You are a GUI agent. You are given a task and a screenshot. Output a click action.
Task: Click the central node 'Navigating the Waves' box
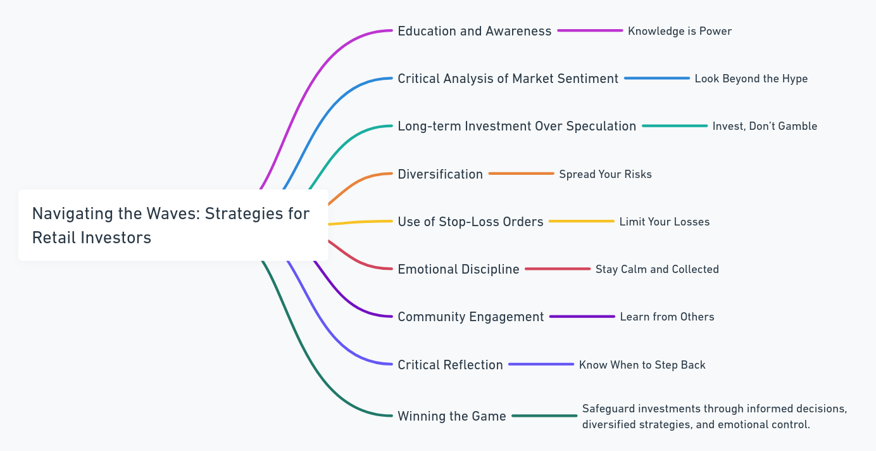pos(173,225)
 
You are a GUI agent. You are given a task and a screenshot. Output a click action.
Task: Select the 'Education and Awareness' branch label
pos(474,31)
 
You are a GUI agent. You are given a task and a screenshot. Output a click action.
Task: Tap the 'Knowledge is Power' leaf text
pos(679,31)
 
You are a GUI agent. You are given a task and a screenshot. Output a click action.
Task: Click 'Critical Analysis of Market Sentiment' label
pos(508,79)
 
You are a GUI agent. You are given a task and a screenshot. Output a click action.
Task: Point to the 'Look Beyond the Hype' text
pos(751,79)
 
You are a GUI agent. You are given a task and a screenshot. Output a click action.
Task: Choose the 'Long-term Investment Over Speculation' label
pos(516,126)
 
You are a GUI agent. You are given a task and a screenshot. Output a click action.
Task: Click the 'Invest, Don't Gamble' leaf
pos(765,126)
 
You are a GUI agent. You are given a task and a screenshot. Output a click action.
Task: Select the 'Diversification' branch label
pos(440,174)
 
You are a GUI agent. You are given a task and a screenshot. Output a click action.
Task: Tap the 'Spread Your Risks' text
pos(605,174)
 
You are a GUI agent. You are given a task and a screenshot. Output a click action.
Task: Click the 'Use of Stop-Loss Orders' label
pos(470,222)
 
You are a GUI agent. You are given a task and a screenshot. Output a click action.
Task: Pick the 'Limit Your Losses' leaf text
pos(664,222)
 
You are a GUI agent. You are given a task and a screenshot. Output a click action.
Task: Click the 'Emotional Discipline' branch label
pos(458,269)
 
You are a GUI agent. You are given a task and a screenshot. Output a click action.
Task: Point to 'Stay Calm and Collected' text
pos(657,269)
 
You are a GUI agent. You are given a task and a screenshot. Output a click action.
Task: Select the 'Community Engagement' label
pos(470,317)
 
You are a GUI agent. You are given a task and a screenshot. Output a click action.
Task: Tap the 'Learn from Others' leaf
pos(666,317)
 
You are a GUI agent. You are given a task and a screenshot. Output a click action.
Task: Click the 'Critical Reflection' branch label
pos(450,365)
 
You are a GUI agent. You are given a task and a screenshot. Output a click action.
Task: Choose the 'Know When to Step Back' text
pos(642,365)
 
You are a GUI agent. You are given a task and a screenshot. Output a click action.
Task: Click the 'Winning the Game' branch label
pos(451,416)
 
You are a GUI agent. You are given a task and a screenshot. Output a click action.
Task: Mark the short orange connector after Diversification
pos(521,174)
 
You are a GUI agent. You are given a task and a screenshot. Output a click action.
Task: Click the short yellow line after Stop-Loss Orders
pos(581,221)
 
